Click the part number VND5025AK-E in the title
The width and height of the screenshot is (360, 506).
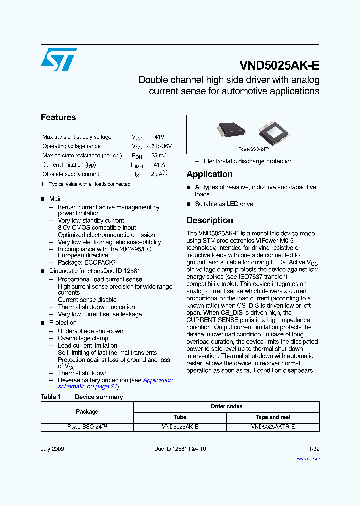(x=279, y=66)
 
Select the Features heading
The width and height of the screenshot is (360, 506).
(x=58, y=118)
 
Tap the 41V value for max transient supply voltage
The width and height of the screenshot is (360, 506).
(x=159, y=137)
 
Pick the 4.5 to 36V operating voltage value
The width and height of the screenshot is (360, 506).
(x=159, y=146)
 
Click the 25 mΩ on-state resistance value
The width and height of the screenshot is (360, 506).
(x=159, y=156)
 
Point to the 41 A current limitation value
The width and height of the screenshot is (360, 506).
(x=159, y=165)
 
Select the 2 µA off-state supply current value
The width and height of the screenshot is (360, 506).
(x=159, y=174)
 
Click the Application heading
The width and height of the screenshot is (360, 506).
(x=209, y=174)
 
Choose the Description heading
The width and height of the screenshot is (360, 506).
(x=210, y=220)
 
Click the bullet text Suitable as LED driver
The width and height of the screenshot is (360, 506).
(x=225, y=204)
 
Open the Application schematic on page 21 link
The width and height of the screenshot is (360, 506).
(x=115, y=383)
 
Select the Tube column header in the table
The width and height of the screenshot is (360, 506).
(x=180, y=417)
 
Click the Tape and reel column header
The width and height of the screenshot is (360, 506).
(x=273, y=417)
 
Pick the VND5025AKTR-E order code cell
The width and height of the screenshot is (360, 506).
(x=273, y=427)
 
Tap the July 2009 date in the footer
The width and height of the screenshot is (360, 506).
(x=52, y=449)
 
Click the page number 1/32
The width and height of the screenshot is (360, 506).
(x=314, y=449)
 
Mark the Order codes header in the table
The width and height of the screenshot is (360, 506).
(x=226, y=406)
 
